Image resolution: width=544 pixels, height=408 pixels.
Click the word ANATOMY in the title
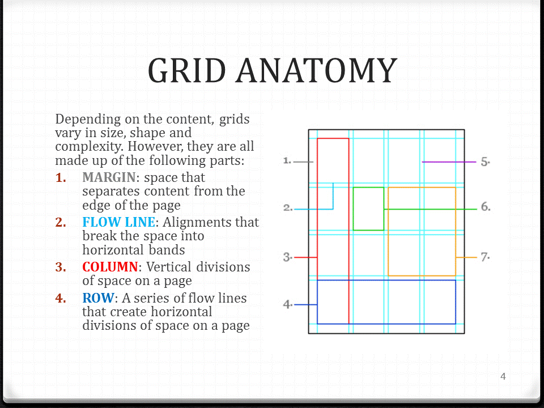pyautogui.click(x=316, y=71)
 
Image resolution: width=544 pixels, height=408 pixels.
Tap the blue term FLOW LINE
pyautogui.click(x=118, y=223)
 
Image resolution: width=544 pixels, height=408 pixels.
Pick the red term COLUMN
pyautogui.click(x=110, y=267)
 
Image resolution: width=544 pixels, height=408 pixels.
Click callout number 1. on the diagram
pyautogui.click(x=287, y=161)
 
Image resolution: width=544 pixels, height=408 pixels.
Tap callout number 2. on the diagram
pyautogui.click(x=287, y=208)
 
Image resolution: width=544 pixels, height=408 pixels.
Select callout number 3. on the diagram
pyautogui.click(x=287, y=257)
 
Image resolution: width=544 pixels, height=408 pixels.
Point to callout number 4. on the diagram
pyautogui.click(x=287, y=305)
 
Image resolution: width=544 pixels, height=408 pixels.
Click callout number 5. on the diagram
pyautogui.click(x=485, y=161)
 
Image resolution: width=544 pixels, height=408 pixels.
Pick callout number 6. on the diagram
pyautogui.click(x=485, y=207)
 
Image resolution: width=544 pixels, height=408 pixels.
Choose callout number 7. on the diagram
pyautogui.click(x=485, y=257)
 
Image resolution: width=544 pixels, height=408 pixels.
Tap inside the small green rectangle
pyautogui.click(x=368, y=209)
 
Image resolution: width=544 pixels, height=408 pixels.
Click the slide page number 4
pyautogui.click(x=503, y=376)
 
